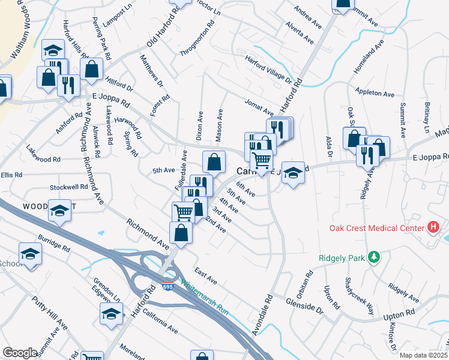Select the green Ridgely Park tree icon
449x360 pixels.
click(x=376, y=257)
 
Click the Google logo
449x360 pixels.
click(x=20, y=353)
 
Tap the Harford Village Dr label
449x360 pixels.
click(x=268, y=70)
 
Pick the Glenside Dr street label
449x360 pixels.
click(x=304, y=306)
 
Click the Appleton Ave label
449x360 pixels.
click(x=374, y=94)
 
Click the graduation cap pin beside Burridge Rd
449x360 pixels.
click(x=30, y=254)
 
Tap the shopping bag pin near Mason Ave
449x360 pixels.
click(x=214, y=162)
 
